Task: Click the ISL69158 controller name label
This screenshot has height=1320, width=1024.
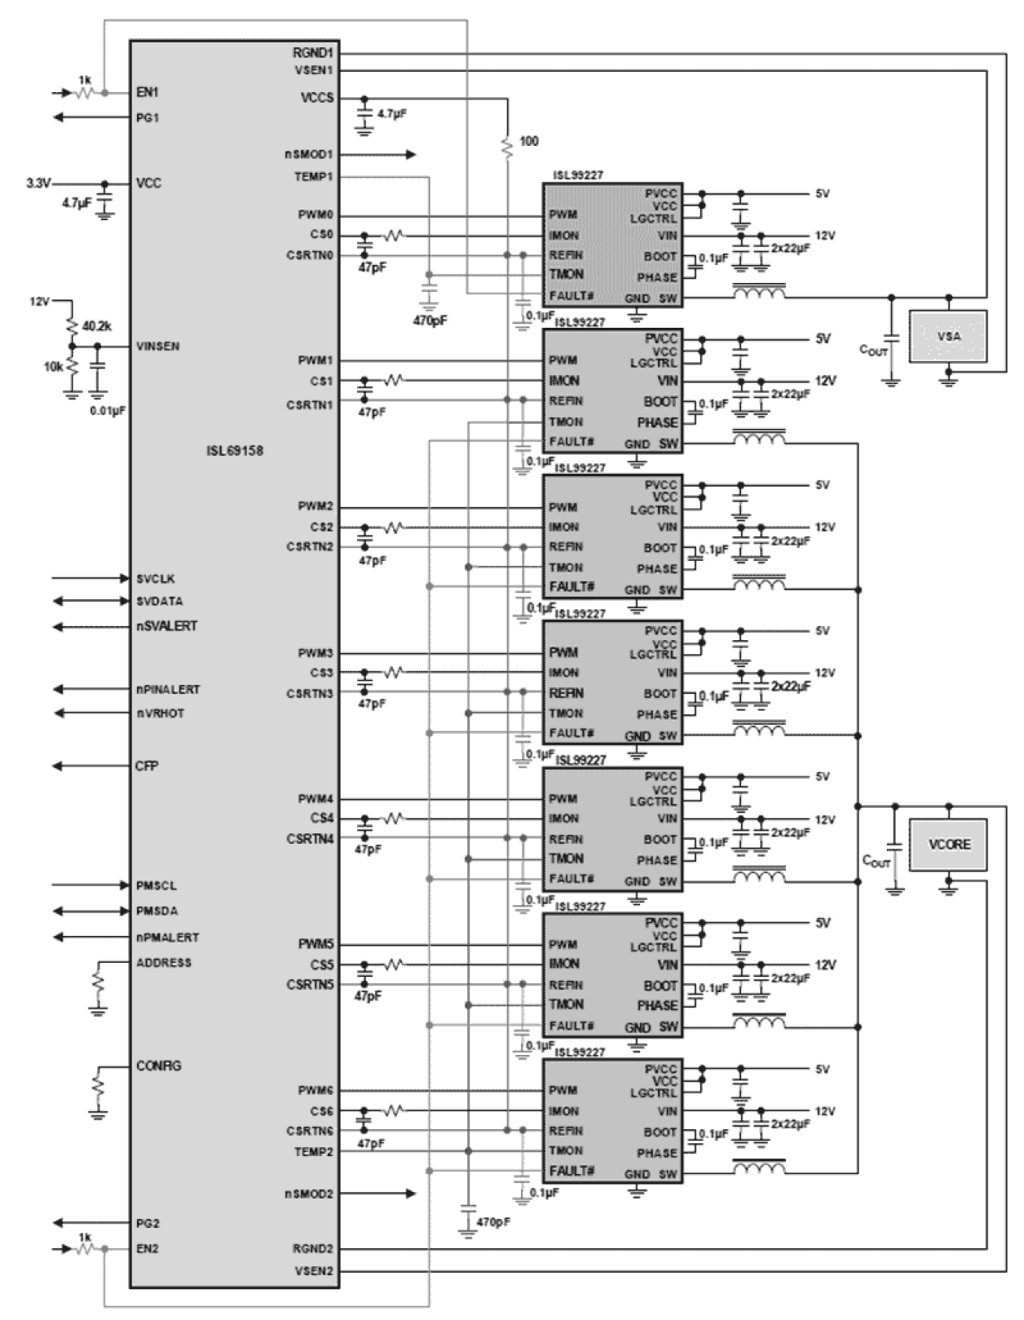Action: coord(235,451)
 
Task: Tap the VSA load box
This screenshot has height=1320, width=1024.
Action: coord(947,336)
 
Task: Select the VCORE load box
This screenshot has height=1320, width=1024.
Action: coord(947,844)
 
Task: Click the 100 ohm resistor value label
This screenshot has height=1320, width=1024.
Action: coord(528,141)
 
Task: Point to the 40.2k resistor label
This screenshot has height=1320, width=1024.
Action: coord(97,325)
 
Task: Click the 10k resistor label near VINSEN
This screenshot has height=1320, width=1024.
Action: coord(53,367)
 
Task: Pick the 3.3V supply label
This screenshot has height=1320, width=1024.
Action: coord(38,183)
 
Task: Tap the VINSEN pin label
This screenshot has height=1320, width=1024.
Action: coord(158,346)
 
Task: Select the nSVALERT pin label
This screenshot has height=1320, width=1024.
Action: coord(166,626)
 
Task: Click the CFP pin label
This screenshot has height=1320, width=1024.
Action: coord(147,766)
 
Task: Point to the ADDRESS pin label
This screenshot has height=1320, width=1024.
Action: coord(164,962)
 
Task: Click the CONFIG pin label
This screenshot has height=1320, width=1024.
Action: coord(158,1066)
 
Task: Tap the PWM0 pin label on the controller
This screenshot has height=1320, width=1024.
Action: coord(316,215)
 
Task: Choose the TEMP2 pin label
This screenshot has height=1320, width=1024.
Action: coord(313,1151)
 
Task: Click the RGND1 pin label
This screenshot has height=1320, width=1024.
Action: coord(313,53)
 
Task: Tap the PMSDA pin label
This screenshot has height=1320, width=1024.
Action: coord(157,911)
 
